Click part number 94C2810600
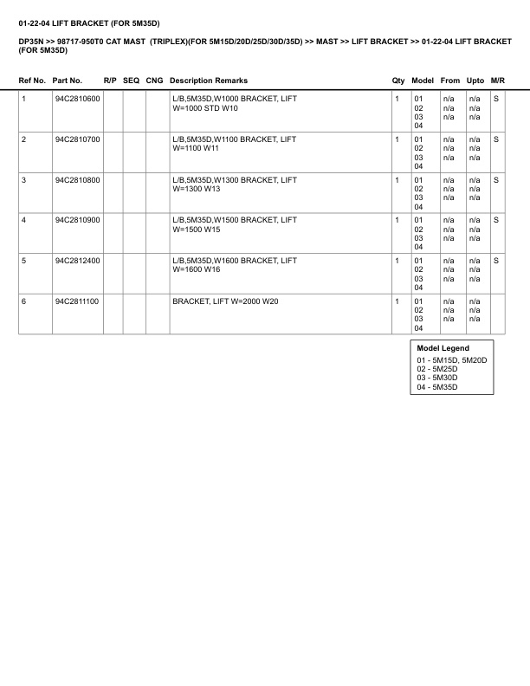77,99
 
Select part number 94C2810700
77,139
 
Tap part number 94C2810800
77,180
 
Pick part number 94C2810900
77,220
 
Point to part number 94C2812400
77,261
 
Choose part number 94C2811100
77,301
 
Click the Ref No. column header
32,81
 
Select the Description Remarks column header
208,81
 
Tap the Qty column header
398,81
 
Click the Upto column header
475,81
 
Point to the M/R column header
497,81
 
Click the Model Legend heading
443,348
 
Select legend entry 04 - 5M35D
437,387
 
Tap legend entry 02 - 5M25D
437,369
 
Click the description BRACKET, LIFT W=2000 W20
225,301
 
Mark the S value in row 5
496,261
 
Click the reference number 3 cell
23,180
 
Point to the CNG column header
154,81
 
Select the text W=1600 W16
197,270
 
